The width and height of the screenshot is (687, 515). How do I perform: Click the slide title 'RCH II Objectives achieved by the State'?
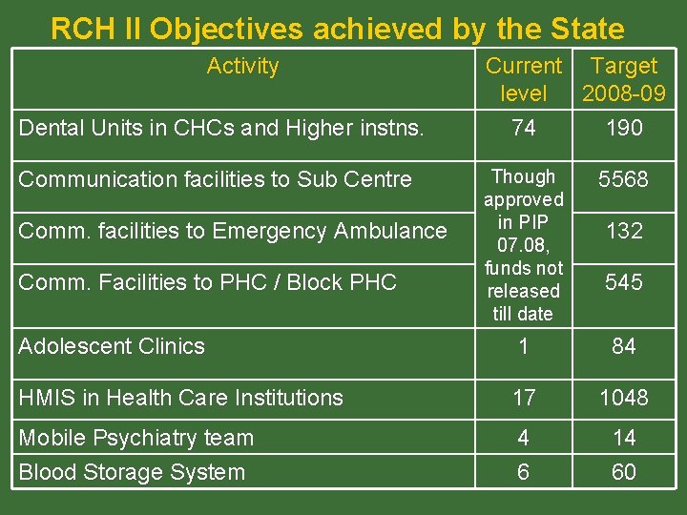click(337, 29)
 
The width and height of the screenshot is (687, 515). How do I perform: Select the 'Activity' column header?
click(242, 66)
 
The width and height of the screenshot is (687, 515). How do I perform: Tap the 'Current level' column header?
click(523, 79)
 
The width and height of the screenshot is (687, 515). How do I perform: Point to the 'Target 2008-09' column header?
click(624, 79)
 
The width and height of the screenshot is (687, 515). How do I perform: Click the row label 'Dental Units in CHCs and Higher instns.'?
click(221, 128)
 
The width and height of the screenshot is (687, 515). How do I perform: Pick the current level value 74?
click(523, 128)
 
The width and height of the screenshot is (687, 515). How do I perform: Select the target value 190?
click(624, 128)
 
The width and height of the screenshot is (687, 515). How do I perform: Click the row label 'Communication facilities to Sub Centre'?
click(216, 179)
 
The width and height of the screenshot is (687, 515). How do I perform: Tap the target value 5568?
click(624, 179)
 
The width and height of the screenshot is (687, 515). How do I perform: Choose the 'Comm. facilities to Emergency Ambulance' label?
click(233, 231)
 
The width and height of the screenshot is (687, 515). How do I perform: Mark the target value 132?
click(624, 231)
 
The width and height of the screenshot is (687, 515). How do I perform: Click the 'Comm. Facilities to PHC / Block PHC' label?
click(208, 282)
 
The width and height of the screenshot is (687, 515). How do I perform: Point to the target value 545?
click(624, 282)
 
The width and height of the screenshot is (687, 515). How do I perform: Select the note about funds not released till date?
click(523, 245)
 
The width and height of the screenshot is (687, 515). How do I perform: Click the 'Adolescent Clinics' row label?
click(112, 346)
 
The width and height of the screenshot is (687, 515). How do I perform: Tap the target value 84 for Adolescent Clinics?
click(624, 346)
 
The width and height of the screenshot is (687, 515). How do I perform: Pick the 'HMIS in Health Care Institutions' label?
click(181, 398)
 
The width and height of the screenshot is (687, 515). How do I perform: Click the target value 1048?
click(624, 398)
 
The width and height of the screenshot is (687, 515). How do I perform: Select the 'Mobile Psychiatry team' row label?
click(136, 438)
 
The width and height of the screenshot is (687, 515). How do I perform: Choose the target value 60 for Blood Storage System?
click(624, 472)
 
